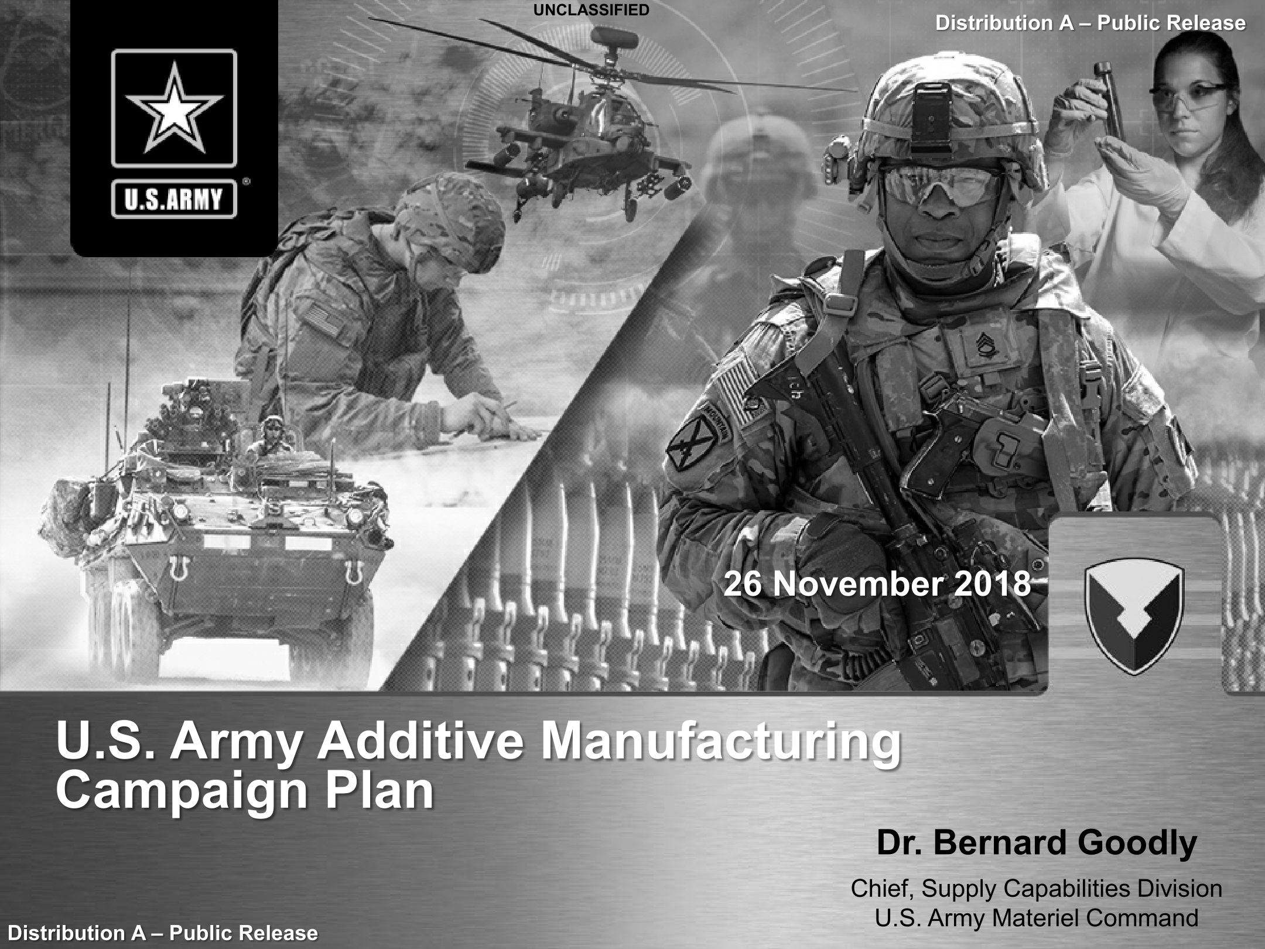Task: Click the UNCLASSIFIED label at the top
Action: [x=591, y=10]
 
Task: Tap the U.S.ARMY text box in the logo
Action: [x=174, y=199]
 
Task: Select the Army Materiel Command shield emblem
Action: [x=1134, y=618]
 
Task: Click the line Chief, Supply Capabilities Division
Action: [x=1037, y=889]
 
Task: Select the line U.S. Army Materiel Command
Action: [x=1037, y=917]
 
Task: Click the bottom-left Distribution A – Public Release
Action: [x=163, y=933]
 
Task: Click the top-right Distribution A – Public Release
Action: [x=1090, y=23]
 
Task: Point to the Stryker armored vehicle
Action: [x=217, y=527]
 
